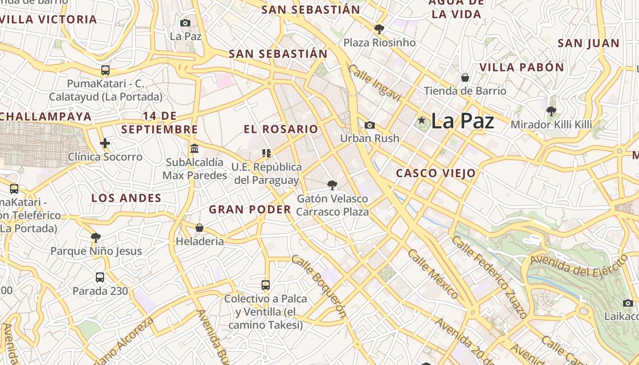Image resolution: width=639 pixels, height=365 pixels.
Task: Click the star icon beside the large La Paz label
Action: [x=421, y=121]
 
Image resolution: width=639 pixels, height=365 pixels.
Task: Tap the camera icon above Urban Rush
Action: [x=370, y=125]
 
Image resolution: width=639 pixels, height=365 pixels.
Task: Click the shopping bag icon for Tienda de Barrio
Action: [x=465, y=78]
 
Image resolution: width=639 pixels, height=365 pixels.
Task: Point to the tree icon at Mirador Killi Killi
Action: [x=551, y=111]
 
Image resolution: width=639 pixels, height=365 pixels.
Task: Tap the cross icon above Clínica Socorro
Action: [x=105, y=144]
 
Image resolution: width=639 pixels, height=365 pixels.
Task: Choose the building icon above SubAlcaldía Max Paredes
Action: [x=194, y=149]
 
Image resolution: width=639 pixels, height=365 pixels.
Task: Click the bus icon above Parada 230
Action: [x=100, y=277]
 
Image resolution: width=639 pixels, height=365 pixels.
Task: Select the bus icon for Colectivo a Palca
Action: [x=266, y=285]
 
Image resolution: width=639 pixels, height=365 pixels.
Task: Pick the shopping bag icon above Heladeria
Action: [x=199, y=228]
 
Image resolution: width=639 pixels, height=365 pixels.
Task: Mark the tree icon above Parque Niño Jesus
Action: [x=95, y=237]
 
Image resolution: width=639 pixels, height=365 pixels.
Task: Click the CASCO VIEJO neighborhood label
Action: [x=435, y=173]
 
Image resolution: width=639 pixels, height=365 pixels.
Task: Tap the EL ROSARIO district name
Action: [x=281, y=129]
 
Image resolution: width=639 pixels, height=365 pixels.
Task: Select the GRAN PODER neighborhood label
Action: [x=250, y=209]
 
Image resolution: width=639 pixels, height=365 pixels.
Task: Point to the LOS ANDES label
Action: [x=126, y=198]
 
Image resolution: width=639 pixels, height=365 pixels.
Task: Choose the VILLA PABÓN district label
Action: [x=521, y=68]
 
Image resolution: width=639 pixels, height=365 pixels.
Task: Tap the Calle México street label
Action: [x=433, y=273]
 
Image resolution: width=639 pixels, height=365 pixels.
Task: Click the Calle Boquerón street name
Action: [x=319, y=286]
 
